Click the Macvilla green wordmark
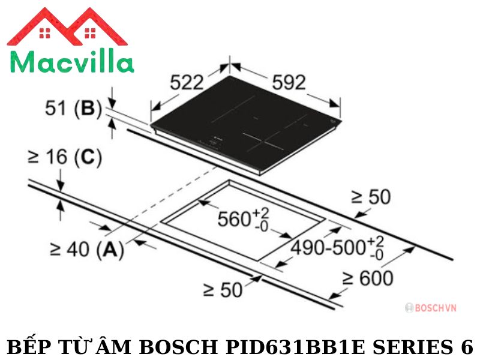tap(72, 62)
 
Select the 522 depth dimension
tap(187, 82)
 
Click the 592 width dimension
tap(289, 82)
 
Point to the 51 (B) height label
tap(73, 109)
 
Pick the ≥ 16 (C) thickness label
tap(65, 158)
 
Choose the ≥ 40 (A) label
tap(87, 250)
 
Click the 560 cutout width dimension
tap(244, 220)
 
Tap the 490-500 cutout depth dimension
tap(337, 247)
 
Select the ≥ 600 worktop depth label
tap(368, 278)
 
